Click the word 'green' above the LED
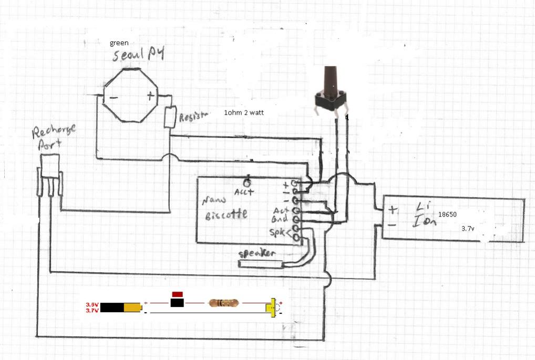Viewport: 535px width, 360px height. (x=119, y=43)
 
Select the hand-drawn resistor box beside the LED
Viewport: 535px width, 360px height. (x=170, y=117)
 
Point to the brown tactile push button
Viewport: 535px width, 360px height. (x=329, y=92)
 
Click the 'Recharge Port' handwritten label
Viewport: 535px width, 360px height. (x=54, y=138)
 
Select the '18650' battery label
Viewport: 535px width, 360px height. (x=447, y=215)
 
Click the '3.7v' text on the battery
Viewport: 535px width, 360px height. (x=468, y=229)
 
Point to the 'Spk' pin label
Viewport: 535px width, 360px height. (x=277, y=232)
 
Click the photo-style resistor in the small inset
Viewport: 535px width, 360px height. (x=223, y=303)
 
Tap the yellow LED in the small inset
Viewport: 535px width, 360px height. (x=273, y=306)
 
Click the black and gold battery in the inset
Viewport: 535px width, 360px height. (x=121, y=307)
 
